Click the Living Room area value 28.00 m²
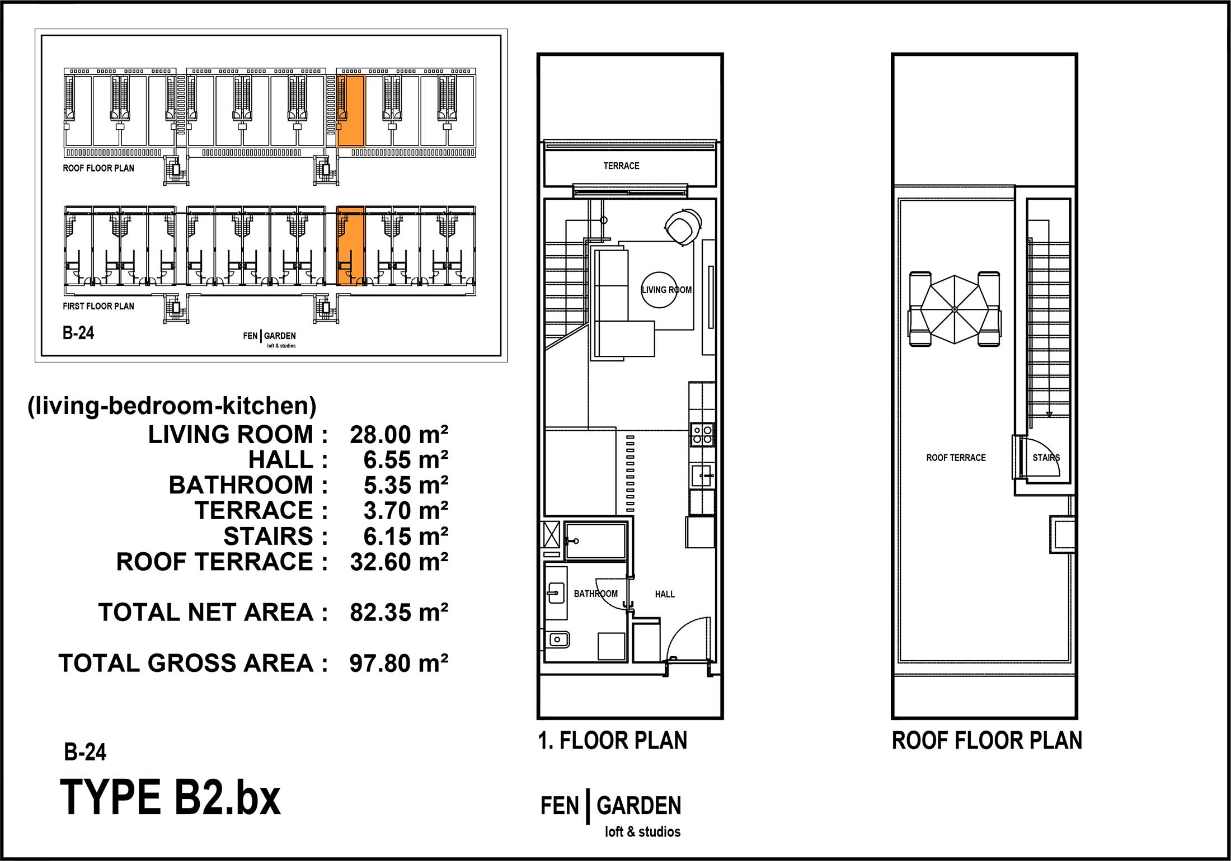tap(399, 435)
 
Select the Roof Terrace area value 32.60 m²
tap(399, 562)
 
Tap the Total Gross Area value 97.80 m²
tap(399, 663)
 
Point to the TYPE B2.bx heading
tap(170, 798)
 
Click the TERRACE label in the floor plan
tap(621, 166)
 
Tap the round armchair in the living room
tap(683, 225)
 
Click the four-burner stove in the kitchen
tap(702, 434)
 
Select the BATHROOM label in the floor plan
tap(596, 594)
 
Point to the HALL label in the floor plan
tap(665, 594)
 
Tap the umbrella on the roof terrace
tap(955, 309)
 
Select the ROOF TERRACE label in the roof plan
tap(956, 458)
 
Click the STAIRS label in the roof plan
tap(1046, 458)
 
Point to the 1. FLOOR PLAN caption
tap(613, 741)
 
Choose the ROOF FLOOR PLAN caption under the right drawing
tap(987, 741)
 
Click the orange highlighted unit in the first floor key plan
tap(351, 246)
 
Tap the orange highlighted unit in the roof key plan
tap(351, 110)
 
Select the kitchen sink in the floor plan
tap(702, 476)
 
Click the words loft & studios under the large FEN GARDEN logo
tap(642, 832)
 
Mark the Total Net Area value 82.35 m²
tap(399, 613)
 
